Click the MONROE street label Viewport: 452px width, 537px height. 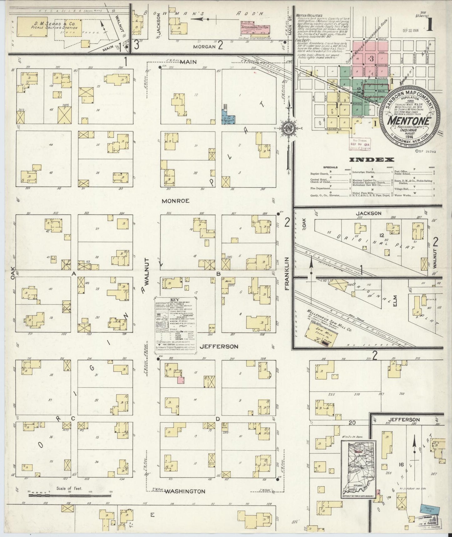click(175, 201)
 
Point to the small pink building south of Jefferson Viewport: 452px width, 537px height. click(180, 380)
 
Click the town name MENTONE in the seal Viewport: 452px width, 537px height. click(410, 120)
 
